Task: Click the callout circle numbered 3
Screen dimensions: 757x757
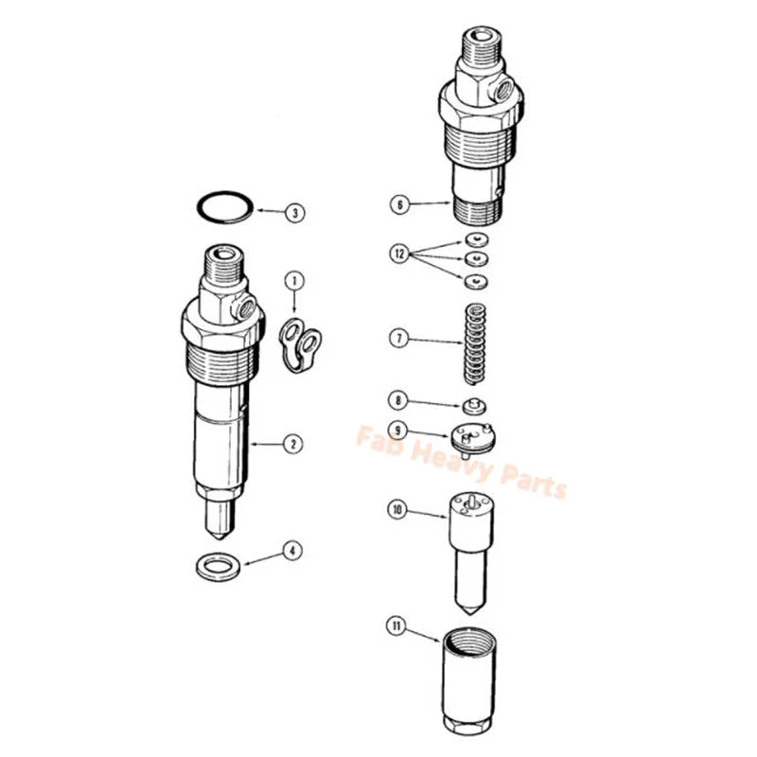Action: click(296, 213)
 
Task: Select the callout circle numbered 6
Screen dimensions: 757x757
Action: click(398, 203)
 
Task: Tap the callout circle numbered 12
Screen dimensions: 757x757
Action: click(398, 254)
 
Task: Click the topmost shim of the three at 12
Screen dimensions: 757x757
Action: click(476, 238)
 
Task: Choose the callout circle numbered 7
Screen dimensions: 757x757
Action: click(398, 338)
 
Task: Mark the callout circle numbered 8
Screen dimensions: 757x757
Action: click(398, 400)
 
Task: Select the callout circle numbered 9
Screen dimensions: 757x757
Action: click(398, 429)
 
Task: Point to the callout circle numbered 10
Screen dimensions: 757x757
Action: click(398, 509)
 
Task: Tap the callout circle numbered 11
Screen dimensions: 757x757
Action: click(398, 625)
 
